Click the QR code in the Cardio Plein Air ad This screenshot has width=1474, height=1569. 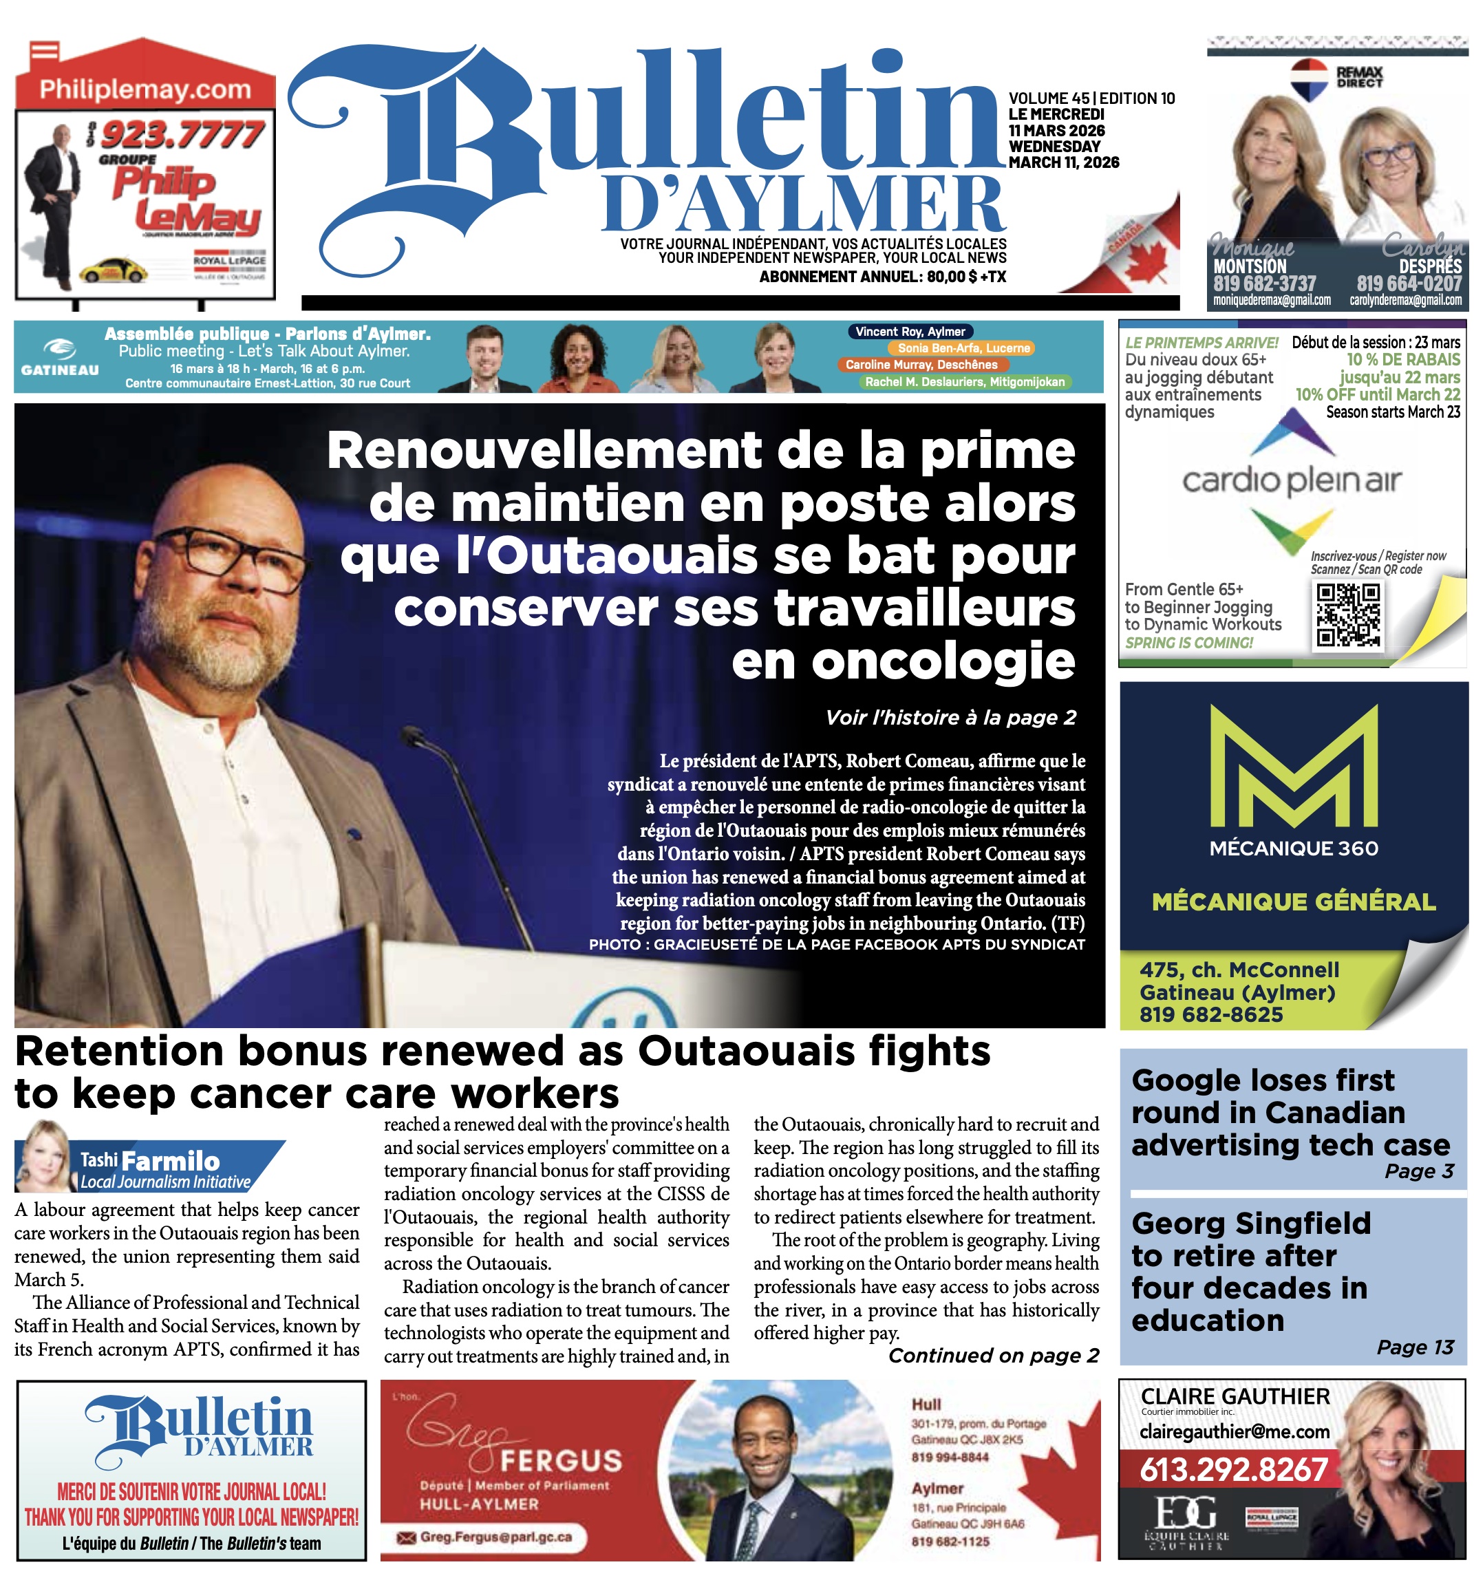[x=1348, y=615]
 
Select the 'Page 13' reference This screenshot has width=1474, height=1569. [x=1415, y=1347]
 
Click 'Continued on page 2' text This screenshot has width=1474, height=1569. [x=993, y=1355]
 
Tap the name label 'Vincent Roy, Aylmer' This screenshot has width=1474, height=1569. [x=910, y=332]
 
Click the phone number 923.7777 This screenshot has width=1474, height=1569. [x=182, y=134]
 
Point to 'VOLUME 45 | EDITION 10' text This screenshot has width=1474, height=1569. [x=1091, y=98]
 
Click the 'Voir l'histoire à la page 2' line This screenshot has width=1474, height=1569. [x=950, y=718]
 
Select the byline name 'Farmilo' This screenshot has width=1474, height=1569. [x=171, y=1161]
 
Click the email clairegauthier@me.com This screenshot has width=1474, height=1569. [x=1234, y=1431]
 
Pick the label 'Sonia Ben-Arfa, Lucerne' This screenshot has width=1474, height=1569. [x=963, y=348]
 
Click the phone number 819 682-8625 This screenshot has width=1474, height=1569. [x=1210, y=1014]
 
